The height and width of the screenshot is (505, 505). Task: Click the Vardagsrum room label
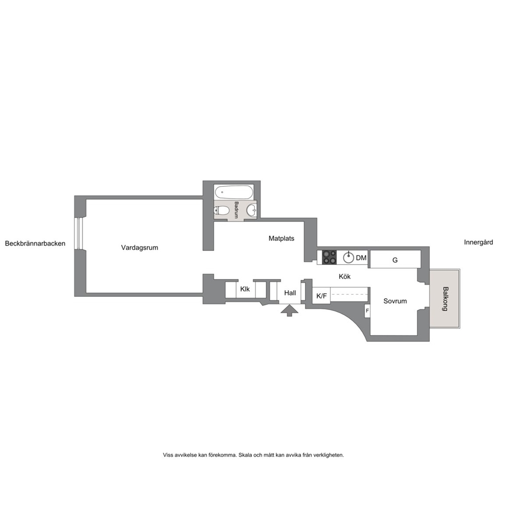click(139, 248)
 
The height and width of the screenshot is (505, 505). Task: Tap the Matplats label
click(282, 238)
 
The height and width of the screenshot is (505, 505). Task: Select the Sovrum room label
click(395, 301)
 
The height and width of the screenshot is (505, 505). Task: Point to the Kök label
click(345, 276)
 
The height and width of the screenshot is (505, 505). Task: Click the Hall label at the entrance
click(290, 293)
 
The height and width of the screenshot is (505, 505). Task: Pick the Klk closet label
click(245, 289)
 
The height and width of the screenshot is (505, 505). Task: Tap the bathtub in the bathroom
click(234, 192)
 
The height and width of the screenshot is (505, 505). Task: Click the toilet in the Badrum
click(221, 211)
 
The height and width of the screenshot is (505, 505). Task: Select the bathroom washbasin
click(252, 210)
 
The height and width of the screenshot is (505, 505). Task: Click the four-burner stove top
click(329, 257)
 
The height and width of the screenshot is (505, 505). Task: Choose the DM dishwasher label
click(361, 258)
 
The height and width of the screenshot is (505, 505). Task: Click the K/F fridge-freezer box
click(321, 295)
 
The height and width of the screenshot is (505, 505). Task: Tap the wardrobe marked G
click(395, 259)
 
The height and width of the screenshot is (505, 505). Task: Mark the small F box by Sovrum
click(367, 311)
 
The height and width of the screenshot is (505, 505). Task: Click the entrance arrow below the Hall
click(289, 311)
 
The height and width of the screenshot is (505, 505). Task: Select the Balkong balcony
click(445, 298)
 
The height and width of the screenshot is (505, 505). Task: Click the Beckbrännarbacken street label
click(35, 243)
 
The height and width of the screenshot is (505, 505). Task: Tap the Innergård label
click(478, 242)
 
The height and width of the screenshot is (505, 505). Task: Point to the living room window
click(78, 234)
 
